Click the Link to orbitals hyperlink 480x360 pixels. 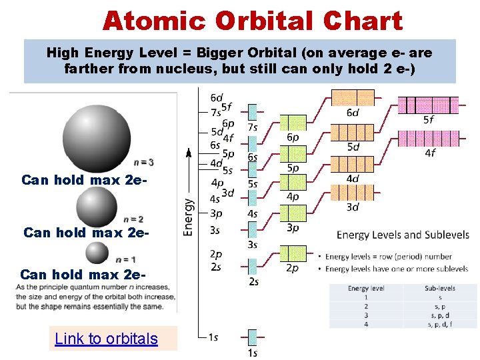pyautogui.click(x=106, y=339)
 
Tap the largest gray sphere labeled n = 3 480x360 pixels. pyautogui.click(x=97, y=138)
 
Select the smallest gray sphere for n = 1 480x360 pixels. pyautogui.click(x=97, y=252)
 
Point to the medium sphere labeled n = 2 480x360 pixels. pyautogui.click(x=97, y=207)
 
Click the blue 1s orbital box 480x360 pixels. pyautogui.click(x=253, y=337)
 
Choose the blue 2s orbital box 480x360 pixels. pyautogui.click(x=253, y=266)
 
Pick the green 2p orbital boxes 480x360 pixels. pyautogui.click(x=293, y=253)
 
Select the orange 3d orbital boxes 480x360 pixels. pyautogui.click(x=353, y=192)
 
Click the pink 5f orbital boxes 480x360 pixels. pyautogui.click(x=428, y=105)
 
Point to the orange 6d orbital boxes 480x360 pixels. pyautogui.click(x=353, y=97)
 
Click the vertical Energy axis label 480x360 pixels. pyautogui.click(x=189, y=217)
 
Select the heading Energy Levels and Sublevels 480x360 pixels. pyautogui.click(x=403, y=235)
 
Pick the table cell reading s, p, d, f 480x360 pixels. pyautogui.click(x=440, y=323)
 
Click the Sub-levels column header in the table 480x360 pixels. pyautogui.click(x=440, y=289)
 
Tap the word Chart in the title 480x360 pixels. pyautogui.click(x=363, y=21)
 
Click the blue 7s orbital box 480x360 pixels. pyautogui.click(x=253, y=111)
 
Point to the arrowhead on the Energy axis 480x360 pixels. pyautogui.click(x=189, y=153)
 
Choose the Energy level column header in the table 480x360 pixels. pyautogui.click(x=366, y=289)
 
